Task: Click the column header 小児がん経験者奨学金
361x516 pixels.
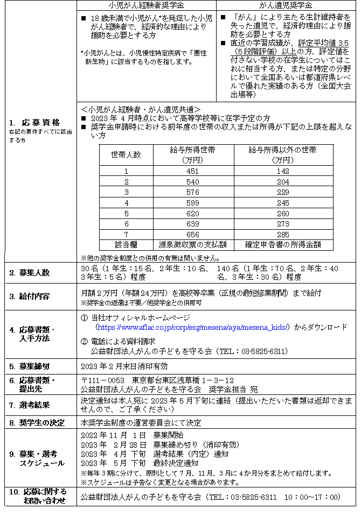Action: (x=145, y=5)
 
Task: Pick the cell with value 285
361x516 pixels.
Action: (x=283, y=235)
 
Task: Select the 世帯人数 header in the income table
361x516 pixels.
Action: (x=126, y=155)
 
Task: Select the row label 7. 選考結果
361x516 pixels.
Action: (x=29, y=404)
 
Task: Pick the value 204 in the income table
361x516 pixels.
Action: (x=283, y=182)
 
